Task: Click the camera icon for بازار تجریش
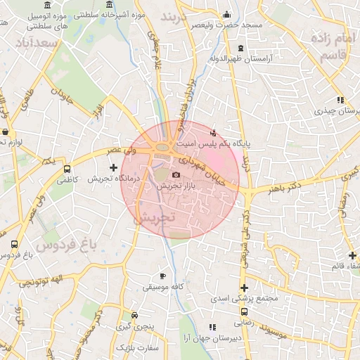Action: (176, 174)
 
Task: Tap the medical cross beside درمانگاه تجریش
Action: (114, 167)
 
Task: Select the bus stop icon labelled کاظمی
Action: (67, 169)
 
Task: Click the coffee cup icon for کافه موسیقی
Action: (163, 276)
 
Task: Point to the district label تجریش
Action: (153, 219)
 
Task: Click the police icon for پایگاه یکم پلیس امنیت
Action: (214, 131)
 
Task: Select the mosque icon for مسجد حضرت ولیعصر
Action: (226, 14)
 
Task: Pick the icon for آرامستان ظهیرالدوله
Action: (241, 48)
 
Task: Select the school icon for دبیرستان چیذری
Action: (340, 100)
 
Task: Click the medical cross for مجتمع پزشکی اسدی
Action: (244, 288)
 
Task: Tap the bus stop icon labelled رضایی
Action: (244, 311)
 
